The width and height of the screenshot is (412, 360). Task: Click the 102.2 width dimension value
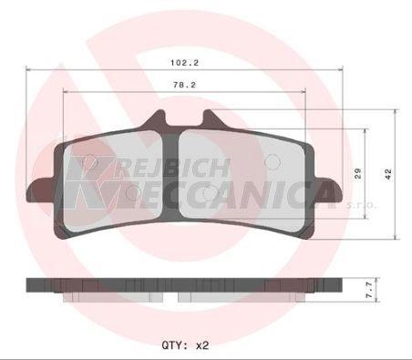point(184,63)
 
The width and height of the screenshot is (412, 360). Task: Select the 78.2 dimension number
point(184,85)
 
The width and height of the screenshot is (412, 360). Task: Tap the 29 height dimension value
point(358,173)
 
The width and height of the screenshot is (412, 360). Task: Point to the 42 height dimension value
point(388,174)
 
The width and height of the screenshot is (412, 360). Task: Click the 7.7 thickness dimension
point(369,290)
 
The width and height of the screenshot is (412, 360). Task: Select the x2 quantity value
point(202,345)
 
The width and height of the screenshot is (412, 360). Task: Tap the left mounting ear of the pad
point(40,190)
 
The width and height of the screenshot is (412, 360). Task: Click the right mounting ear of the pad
point(329,189)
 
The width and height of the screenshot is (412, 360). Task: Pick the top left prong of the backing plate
point(158,119)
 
